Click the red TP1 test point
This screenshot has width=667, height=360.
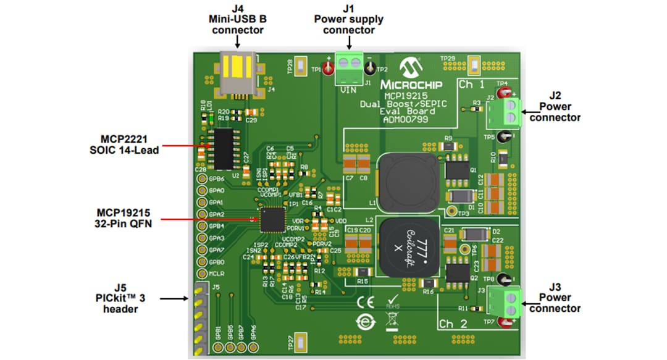[328, 69]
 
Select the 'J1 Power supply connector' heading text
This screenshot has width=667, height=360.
[349, 19]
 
